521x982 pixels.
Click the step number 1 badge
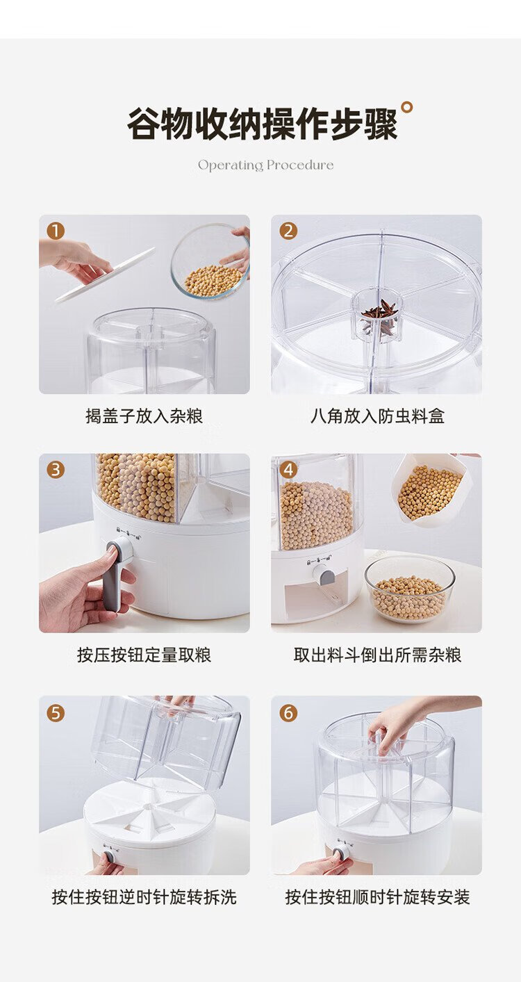[56, 231]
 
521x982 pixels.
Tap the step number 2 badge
[288, 231]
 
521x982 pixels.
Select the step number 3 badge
[56, 470]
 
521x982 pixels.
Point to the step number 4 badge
[288, 470]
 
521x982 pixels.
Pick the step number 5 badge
[56, 712]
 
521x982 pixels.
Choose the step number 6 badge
[288, 712]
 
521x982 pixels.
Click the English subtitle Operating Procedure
[265, 165]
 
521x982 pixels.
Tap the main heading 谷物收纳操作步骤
[263, 124]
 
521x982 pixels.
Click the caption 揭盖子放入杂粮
[144, 416]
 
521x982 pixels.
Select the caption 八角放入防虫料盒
[377, 416]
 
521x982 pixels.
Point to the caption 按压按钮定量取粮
[144, 655]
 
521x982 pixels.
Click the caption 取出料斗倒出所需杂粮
[377, 655]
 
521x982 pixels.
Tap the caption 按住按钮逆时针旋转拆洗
[144, 897]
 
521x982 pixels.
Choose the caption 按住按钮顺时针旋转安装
[377, 897]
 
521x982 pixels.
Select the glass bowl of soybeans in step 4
[409, 589]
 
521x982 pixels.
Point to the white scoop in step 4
[429, 489]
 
